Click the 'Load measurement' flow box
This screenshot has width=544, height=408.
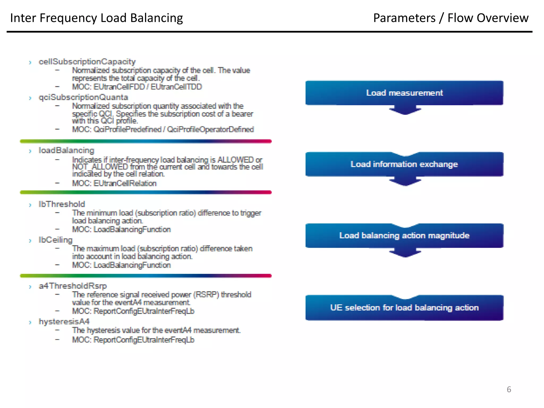point(404,93)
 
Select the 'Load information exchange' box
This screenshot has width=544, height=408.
point(404,164)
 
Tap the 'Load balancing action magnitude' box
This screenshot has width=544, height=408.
point(404,236)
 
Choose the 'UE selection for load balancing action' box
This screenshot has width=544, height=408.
point(404,308)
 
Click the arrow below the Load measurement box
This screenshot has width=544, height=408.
point(405,110)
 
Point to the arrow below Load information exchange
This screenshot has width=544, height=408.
point(405,182)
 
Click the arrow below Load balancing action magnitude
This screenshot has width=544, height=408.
point(405,253)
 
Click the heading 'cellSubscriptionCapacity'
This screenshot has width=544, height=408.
point(87,62)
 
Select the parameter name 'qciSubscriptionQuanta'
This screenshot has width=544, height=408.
point(83,97)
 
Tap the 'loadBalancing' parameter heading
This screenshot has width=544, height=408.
point(66,150)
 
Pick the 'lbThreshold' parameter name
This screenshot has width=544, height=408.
point(62,204)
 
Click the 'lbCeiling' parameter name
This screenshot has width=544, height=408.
point(56,240)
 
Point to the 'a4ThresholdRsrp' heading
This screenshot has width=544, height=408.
point(73,286)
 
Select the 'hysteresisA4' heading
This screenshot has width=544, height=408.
point(64,321)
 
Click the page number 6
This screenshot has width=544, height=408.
point(509,389)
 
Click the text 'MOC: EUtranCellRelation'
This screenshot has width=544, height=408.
point(114,183)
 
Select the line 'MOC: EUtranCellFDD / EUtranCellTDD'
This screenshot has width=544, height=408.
point(137,87)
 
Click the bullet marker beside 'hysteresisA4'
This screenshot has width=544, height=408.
point(30,322)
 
